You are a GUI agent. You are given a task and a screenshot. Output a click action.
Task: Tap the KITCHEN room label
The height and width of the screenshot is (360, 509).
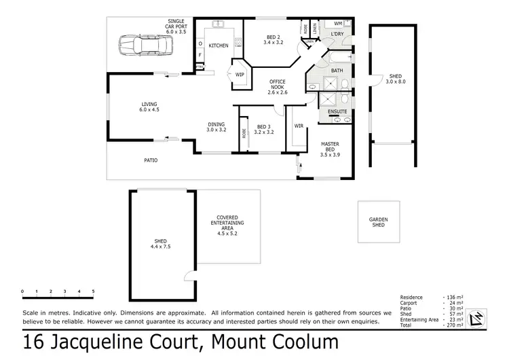(x=218, y=46)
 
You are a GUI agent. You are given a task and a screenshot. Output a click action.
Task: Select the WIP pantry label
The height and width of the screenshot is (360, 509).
(x=240, y=75)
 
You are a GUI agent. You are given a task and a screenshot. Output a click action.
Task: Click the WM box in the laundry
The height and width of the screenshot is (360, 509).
(x=338, y=24)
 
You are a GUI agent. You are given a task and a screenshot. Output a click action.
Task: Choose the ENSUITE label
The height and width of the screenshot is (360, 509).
(x=337, y=111)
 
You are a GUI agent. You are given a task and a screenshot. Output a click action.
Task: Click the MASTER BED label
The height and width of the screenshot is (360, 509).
(x=331, y=146)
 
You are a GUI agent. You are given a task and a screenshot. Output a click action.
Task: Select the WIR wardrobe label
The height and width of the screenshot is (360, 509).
(x=298, y=126)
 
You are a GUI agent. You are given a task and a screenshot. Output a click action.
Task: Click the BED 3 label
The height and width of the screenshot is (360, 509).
(x=263, y=128)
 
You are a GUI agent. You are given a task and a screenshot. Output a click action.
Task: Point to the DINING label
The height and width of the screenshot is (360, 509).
(x=216, y=126)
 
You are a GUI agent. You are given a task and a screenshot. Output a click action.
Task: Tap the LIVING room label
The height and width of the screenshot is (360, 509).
(x=149, y=107)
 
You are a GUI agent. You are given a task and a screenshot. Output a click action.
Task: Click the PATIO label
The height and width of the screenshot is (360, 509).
(x=151, y=160)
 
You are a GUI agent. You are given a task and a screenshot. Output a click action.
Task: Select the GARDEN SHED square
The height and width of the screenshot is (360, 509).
(x=377, y=222)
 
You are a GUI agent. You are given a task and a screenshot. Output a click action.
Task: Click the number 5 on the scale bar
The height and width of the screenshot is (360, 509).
(x=93, y=291)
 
